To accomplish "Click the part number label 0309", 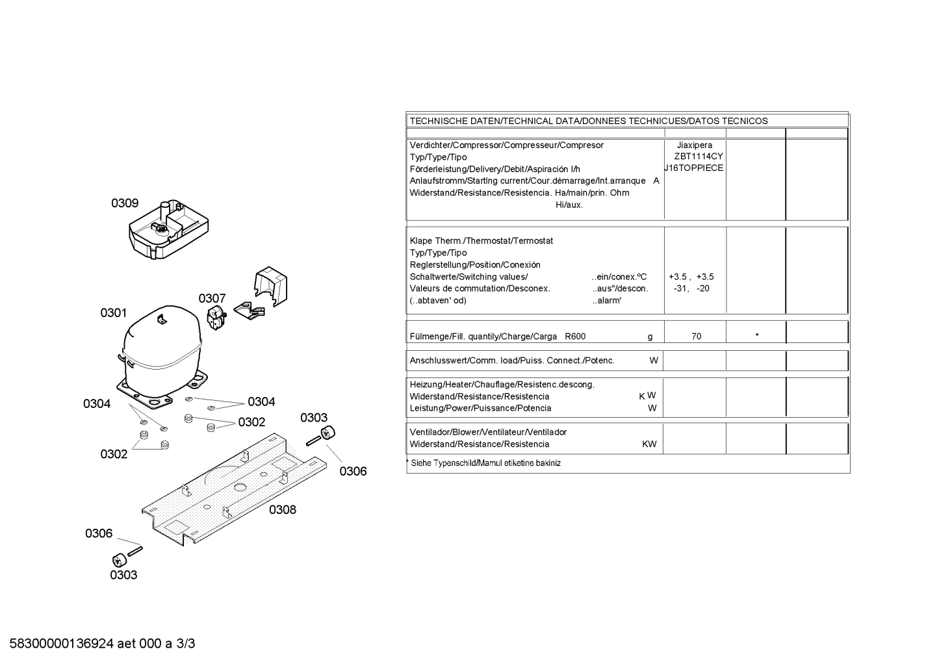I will pos(124,203).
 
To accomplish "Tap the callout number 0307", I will pos(212,298).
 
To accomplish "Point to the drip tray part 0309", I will pos(168,231).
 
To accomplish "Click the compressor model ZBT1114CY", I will pos(698,157).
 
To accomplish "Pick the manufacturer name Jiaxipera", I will pos(694,145).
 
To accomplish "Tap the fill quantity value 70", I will pos(696,337).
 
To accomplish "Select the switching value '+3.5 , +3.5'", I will pos(691,277).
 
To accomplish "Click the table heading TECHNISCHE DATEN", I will pos(455,121).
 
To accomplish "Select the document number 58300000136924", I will pos(62,644).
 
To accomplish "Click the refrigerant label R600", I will pos(575,337).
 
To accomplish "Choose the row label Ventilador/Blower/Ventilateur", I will pos(488,432).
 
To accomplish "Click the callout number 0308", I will pos(283,510).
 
